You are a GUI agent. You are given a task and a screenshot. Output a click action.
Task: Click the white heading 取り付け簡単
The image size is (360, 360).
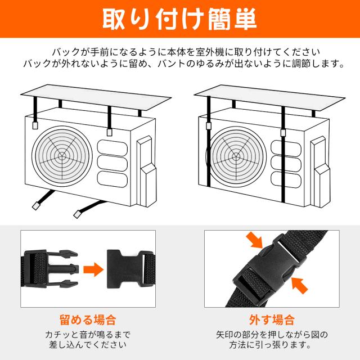179,19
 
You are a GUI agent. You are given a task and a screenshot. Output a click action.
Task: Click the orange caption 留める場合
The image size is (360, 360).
88,320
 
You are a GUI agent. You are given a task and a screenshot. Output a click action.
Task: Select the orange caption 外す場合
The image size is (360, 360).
272,320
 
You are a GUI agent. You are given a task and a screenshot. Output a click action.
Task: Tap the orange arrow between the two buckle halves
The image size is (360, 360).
93,269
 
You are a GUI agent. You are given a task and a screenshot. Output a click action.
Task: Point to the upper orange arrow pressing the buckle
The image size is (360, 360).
255,240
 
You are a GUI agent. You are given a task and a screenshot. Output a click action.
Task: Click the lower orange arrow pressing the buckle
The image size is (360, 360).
299,285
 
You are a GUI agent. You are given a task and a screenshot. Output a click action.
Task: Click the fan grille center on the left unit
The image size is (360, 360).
61,156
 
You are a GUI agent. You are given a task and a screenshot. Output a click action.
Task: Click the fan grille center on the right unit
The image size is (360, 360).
235,157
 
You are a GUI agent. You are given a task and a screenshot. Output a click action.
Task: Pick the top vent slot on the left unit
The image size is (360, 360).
112,148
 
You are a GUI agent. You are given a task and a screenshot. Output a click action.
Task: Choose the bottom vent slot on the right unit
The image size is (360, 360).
286,180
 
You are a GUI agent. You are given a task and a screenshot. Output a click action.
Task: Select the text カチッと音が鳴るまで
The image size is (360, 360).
88,335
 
